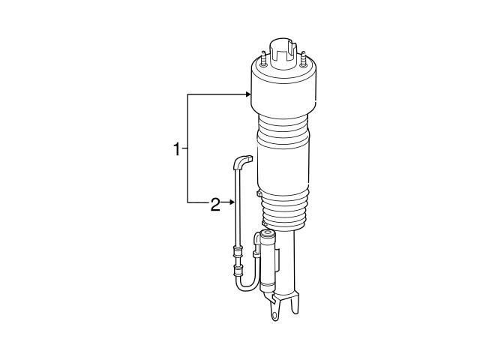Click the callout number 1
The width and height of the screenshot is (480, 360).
point(177,148)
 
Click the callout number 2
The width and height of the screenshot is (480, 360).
point(215,204)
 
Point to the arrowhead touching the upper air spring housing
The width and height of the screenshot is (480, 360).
point(247,94)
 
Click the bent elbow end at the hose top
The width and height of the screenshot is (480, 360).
point(244,160)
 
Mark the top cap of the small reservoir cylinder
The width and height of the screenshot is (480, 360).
point(268,238)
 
